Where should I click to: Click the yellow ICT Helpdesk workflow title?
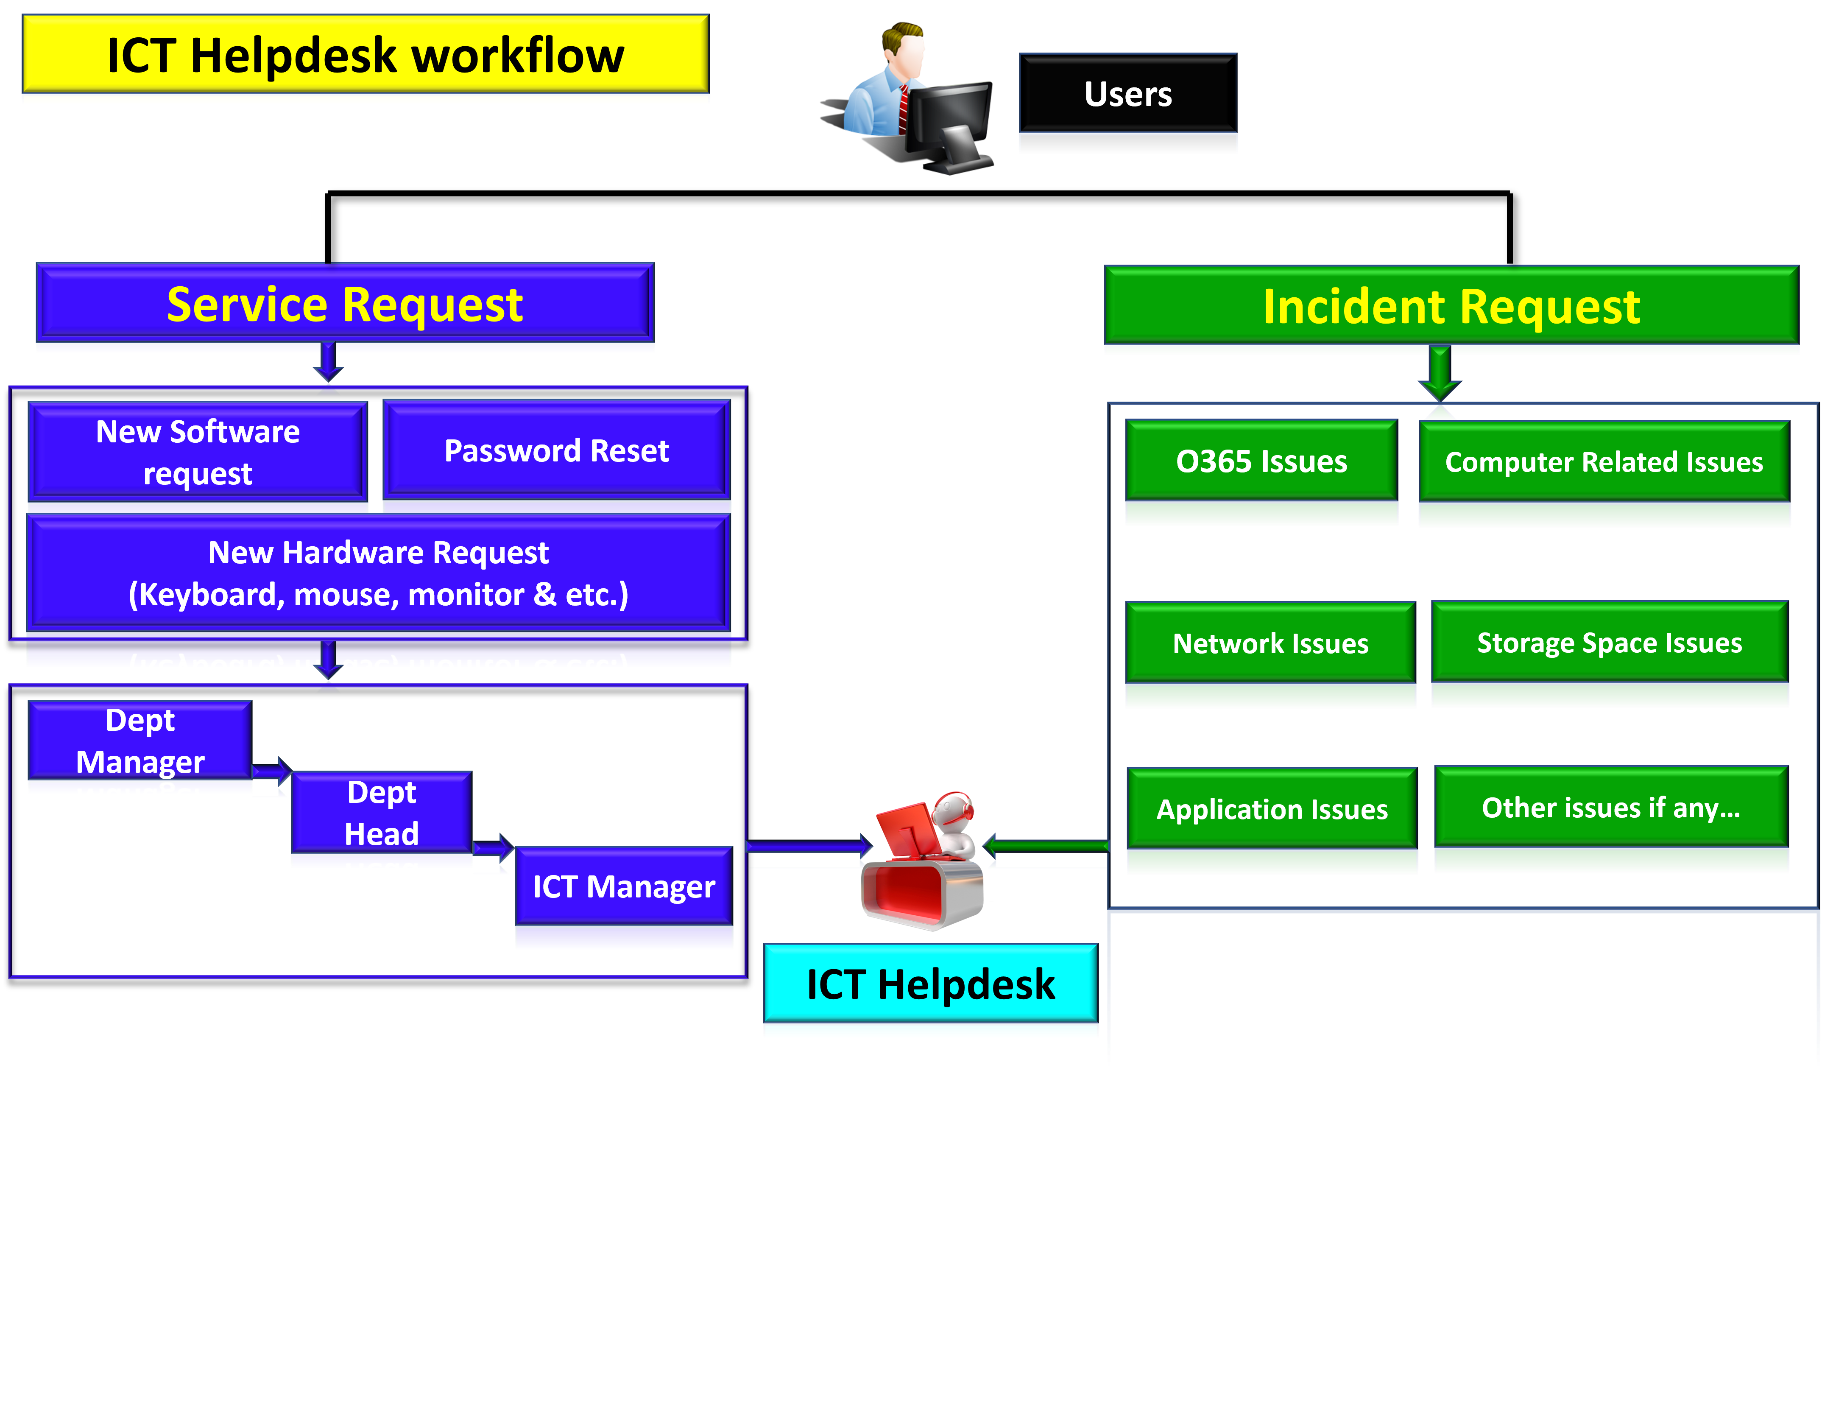366,55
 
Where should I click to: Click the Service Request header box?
345,304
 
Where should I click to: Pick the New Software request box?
198,452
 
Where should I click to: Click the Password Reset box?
556,450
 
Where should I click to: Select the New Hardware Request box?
378,573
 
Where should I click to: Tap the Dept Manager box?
140,741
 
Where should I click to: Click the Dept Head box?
381,813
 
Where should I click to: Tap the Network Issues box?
1270,643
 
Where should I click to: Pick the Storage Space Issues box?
1609,643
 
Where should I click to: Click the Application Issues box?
1271,808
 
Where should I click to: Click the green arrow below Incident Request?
1439,375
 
